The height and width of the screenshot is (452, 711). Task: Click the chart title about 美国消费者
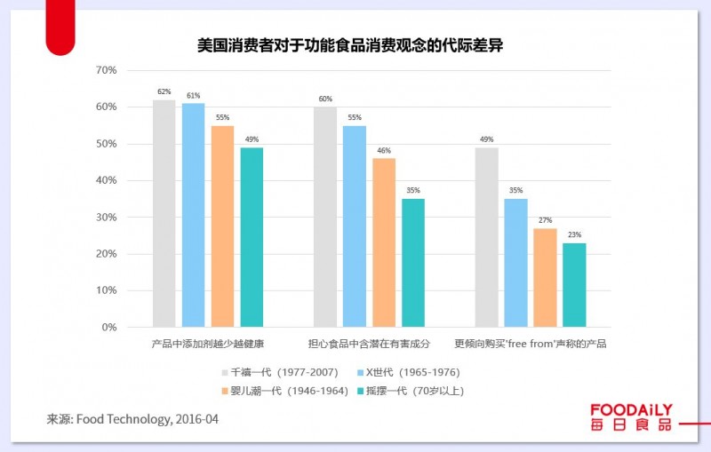pos(350,44)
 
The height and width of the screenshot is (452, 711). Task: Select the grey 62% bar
pos(164,213)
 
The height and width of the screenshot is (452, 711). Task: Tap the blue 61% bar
pos(193,215)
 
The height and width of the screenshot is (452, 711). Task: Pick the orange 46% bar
pos(384,242)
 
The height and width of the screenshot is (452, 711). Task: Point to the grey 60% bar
pos(325,217)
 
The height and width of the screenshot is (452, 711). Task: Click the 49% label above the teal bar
pos(252,139)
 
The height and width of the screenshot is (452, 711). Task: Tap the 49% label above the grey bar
pos(486,139)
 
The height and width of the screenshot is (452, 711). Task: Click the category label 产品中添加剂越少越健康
pos(208,343)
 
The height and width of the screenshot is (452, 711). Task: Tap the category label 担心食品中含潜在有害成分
pos(369,343)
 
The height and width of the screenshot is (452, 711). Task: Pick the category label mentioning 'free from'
pos(531,343)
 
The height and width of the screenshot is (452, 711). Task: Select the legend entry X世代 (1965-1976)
pos(408,372)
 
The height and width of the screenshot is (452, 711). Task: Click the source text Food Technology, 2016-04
pos(132,418)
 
